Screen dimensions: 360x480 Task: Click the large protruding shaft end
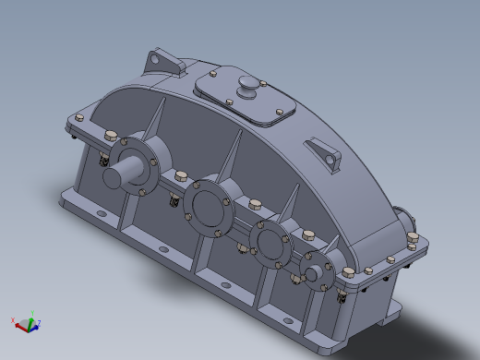[119, 173]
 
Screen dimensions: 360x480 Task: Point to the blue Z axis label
[39, 323]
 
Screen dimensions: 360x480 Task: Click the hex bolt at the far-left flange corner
[78, 117]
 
